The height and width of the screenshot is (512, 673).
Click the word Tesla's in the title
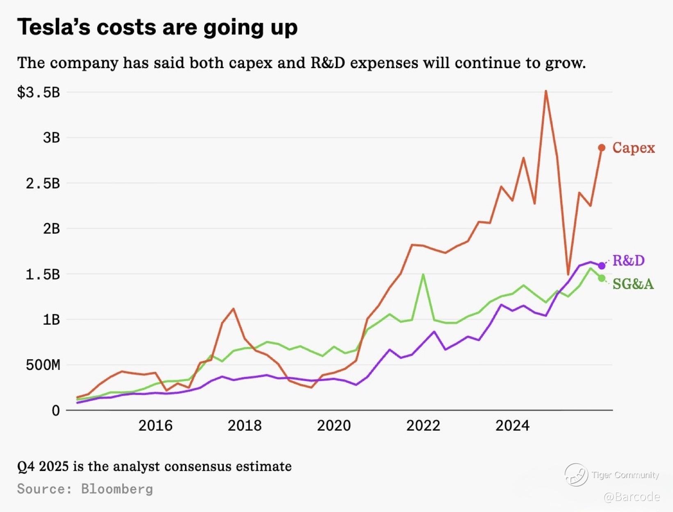coord(54,28)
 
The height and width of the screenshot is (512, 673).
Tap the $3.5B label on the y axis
coord(39,92)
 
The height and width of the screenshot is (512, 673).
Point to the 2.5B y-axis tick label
coord(43,184)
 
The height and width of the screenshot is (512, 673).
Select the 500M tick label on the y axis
coord(43,365)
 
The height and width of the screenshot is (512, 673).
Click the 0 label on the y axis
coord(56,410)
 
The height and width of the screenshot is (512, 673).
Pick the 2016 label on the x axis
coord(155,425)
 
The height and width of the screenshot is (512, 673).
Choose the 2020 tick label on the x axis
coord(334,425)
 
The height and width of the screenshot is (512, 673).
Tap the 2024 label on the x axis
coord(512,425)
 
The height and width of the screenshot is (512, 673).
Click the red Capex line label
coord(633,148)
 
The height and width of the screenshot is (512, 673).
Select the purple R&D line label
coord(628,260)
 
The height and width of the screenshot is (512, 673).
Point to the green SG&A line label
coord(633,284)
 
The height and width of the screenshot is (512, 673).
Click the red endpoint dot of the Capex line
coord(602,148)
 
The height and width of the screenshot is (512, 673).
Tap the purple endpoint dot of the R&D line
coord(602,266)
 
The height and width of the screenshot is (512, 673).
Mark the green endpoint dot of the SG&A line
coord(602,278)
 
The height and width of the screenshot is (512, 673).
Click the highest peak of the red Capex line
coord(546,91)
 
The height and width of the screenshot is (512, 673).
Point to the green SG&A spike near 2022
coord(423,275)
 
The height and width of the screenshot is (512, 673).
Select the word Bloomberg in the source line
coord(117,489)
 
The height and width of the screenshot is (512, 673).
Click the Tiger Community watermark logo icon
coord(576,475)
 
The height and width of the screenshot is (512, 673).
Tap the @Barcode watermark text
coord(632,497)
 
